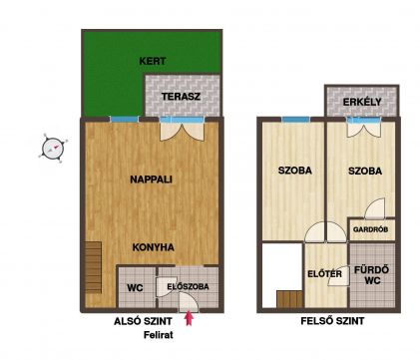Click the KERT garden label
(x=153, y=61)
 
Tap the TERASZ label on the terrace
(x=181, y=97)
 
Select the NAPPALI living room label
(x=151, y=180)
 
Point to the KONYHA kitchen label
(x=153, y=247)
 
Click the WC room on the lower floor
(x=137, y=287)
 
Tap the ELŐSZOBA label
(x=188, y=286)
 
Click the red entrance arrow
(x=189, y=318)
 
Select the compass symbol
(x=53, y=149)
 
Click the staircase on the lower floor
(x=93, y=267)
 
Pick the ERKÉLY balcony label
(x=362, y=102)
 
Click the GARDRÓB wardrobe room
(x=372, y=229)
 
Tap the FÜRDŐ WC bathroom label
(x=372, y=275)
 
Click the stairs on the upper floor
(x=289, y=299)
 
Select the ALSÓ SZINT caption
(x=143, y=321)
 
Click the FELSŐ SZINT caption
(x=332, y=321)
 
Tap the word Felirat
(x=159, y=335)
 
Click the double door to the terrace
(x=182, y=129)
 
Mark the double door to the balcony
(x=363, y=128)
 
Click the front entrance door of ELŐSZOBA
(x=189, y=302)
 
